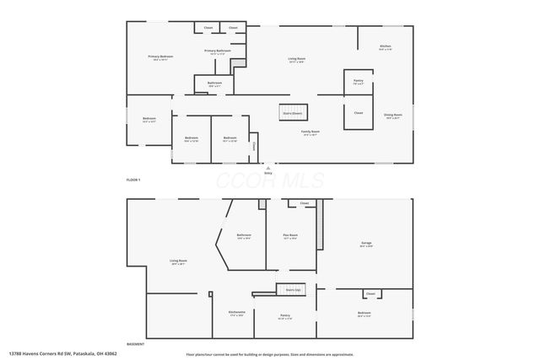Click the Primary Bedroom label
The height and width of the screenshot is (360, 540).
[159, 58]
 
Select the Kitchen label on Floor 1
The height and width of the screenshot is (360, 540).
[385, 47]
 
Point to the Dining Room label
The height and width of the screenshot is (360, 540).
[393, 116]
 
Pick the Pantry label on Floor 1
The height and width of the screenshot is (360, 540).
[357, 82]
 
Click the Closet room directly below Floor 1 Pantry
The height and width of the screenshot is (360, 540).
[358, 113]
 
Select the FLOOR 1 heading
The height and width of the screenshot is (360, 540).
[133, 180]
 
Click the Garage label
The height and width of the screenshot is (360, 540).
[366, 244]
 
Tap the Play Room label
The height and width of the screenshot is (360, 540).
[289, 236]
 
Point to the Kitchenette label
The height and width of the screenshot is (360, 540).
[236, 314]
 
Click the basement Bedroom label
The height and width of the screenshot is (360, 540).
[364, 314]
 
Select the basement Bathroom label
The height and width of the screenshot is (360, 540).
[244, 236]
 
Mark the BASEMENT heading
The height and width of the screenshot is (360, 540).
[135, 344]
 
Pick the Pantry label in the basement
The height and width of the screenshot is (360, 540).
[284, 317]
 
